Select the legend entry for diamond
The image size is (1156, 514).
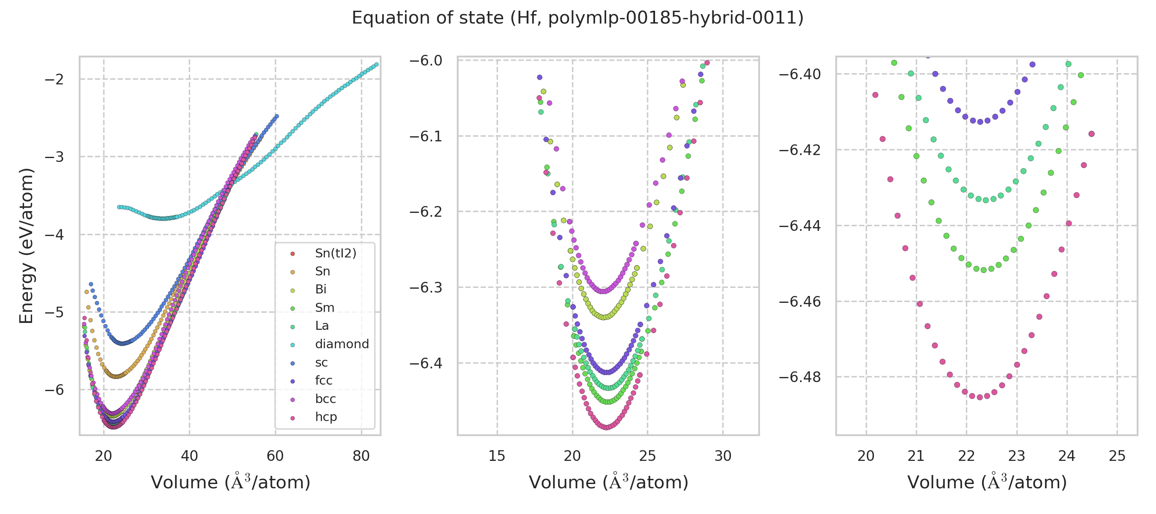click(x=342, y=344)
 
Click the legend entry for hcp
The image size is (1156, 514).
click(x=326, y=417)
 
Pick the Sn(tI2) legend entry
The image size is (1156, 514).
click(x=335, y=254)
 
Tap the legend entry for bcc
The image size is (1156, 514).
click(x=325, y=399)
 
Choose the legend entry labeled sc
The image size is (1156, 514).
click(x=321, y=363)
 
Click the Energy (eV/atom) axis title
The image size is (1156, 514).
click(x=26, y=246)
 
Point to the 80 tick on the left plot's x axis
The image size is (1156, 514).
click(x=361, y=456)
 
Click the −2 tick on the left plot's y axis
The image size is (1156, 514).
click(x=54, y=80)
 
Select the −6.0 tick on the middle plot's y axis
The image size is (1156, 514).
click(x=426, y=60)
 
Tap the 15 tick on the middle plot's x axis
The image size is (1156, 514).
click(x=497, y=456)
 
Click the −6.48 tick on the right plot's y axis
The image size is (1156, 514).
click(x=800, y=377)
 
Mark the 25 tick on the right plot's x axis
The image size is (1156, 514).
click(x=1117, y=456)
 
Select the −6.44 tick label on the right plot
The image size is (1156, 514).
click(x=800, y=226)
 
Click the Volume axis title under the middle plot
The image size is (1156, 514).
click(x=608, y=483)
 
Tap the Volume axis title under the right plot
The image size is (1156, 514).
click(x=987, y=483)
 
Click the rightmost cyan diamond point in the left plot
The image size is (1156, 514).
click(x=376, y=65)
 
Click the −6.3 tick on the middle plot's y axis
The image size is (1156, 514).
click(x=426, y=287)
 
